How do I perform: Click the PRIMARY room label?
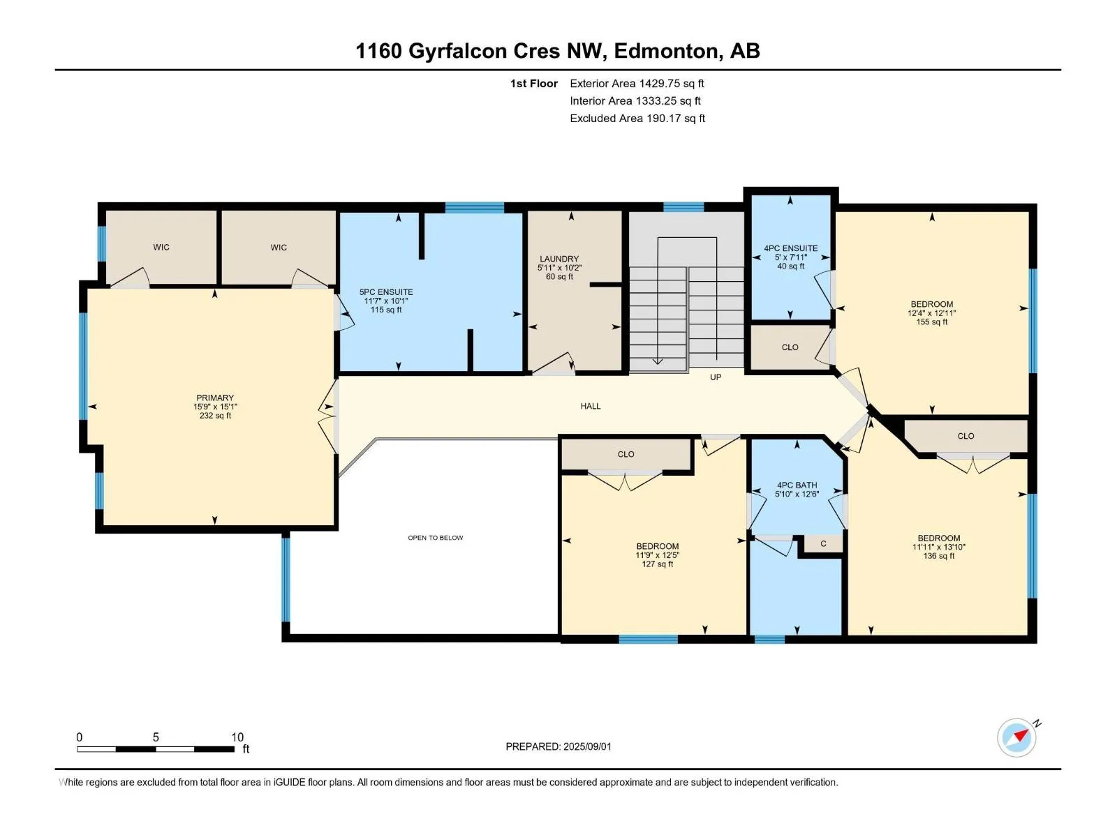(x=215, y=398)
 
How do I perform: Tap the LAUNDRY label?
(x=559, y=259)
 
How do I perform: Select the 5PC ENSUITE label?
(x=386, y=292)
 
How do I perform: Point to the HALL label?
(x=591, y=406)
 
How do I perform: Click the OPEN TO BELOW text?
(x=436, y=538)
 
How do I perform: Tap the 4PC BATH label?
(x=797, y=485)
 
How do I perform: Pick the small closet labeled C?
(x=823, y=544)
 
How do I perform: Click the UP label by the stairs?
(x=716, y=377)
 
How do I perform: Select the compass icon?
(x=1017, y=738)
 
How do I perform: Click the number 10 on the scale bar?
(x=237, y=737)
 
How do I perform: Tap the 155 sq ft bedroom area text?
(x=932, y=322)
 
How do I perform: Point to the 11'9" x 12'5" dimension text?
(x=658, y=555)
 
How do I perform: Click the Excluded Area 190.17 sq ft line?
(x=637, y=119)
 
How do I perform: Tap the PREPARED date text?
(x=558, y=746)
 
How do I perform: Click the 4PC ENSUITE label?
(x=791, y=248)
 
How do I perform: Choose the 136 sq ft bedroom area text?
(x=939, y=556)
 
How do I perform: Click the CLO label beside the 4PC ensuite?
(x=790, y=347)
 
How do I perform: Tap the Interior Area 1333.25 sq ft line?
(x=635, y=101)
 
